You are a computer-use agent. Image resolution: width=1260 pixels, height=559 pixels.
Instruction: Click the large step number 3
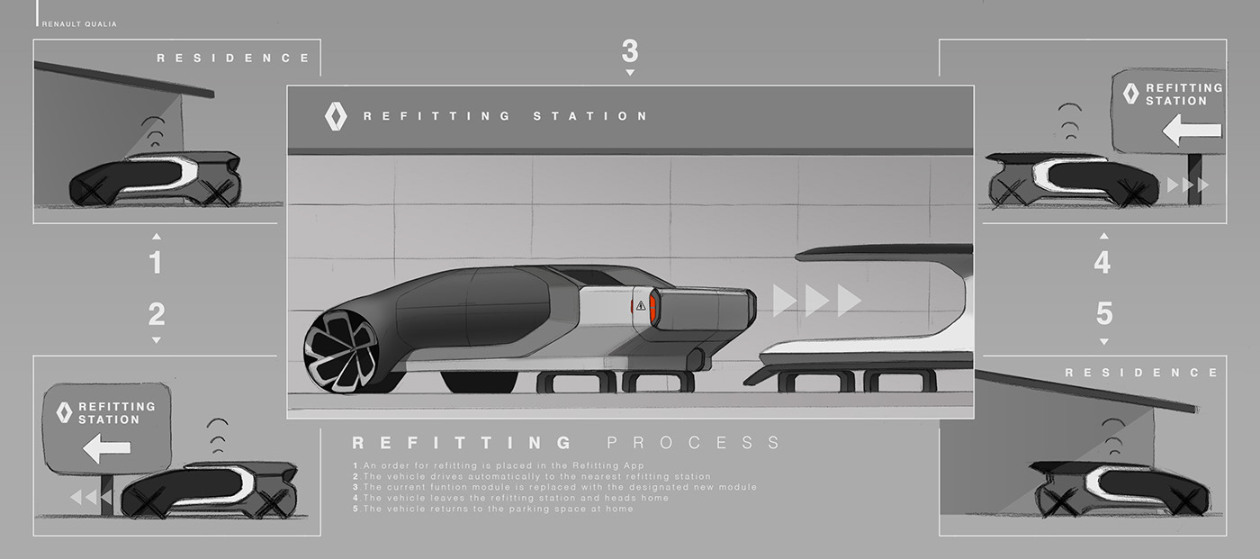(629, 50)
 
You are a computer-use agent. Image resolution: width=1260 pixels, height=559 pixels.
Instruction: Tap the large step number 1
(155, 263)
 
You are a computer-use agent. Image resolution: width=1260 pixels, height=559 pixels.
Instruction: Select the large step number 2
(156, 314)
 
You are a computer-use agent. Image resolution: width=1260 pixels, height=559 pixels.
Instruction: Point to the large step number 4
(1102, 263)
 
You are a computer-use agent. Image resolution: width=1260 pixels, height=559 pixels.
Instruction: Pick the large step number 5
(1104, 314)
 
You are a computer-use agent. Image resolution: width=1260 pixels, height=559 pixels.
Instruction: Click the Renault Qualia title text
(79, 24)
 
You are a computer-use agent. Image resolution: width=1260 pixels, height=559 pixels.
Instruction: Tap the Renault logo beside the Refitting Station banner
(335, 116)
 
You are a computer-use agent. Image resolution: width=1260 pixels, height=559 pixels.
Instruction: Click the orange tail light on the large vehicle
(653, 308)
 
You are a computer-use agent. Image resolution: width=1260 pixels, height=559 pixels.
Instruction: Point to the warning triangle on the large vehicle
(640, 306)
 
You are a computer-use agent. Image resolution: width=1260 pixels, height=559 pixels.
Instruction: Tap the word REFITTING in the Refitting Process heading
(462, 442)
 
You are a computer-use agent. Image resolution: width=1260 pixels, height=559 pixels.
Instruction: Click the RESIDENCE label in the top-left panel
(233, 58)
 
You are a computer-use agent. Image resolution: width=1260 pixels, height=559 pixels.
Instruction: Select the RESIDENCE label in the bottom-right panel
(1142, 372)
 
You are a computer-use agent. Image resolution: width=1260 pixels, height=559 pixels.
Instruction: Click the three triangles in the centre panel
(817, 301)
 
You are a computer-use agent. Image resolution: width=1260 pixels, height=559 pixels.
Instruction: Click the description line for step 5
(495, 509)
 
